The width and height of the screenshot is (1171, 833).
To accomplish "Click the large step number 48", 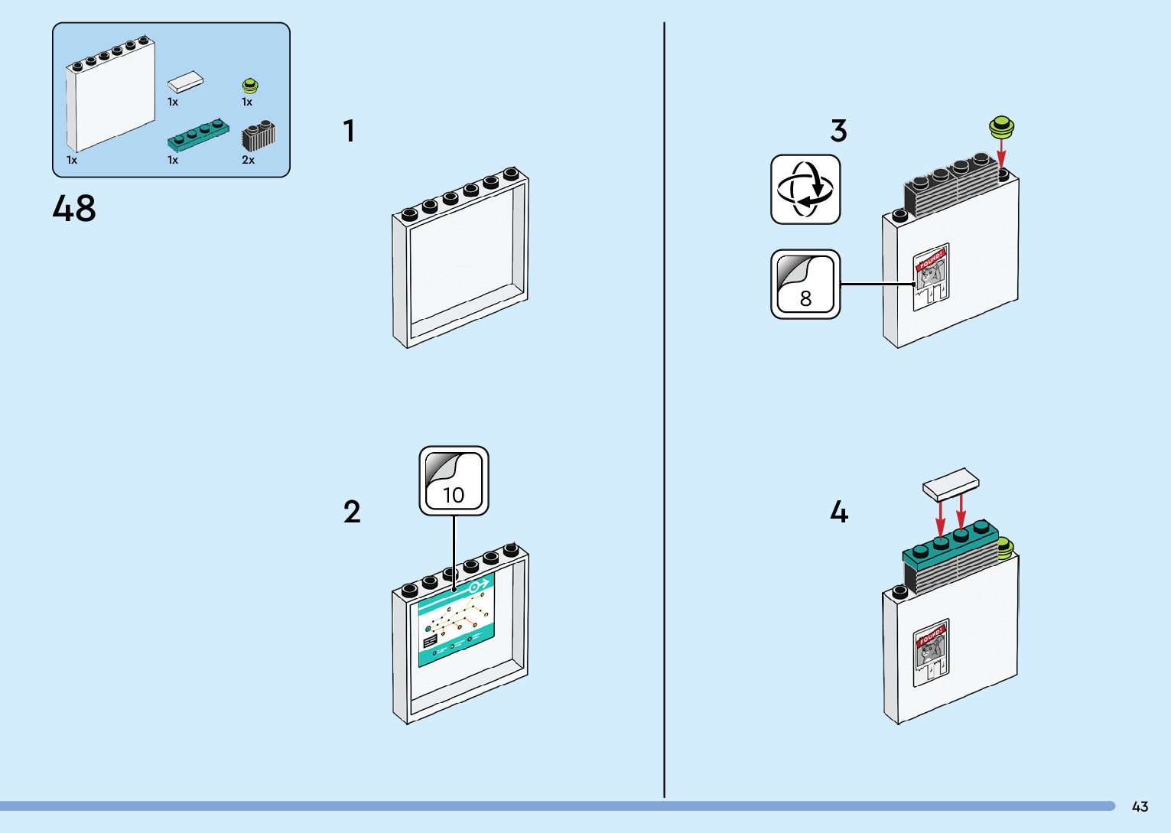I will [74, 208].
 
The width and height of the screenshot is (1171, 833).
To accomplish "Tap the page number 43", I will [1140, 806].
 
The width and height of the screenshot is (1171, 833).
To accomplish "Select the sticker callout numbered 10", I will [454, 481].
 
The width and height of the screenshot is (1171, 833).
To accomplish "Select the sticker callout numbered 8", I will [805, 285].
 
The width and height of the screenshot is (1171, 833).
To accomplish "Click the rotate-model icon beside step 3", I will [805, 190].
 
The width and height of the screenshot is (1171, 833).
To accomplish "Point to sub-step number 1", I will [349, 131].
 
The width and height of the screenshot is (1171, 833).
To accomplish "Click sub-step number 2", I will [352, 512].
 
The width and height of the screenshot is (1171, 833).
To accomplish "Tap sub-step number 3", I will [839, 131].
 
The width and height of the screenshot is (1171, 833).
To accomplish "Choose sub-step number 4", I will [839, 512].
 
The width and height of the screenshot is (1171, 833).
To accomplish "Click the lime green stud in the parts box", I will [250, 86].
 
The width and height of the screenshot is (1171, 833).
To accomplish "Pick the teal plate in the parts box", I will [198, 135].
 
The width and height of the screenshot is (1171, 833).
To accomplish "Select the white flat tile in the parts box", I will [186, 82].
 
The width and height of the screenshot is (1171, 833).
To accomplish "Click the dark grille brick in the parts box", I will [259, 136].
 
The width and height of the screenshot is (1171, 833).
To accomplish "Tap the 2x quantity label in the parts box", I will [248, 160].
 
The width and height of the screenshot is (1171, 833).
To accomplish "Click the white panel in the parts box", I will [111, 95].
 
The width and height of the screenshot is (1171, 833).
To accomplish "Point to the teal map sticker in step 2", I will [456, 620].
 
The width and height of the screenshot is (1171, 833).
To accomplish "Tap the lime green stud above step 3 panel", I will [1001, 126].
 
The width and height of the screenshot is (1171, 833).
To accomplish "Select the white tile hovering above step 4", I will [951, 485].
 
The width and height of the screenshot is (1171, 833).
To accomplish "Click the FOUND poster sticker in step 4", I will [931, 652].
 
